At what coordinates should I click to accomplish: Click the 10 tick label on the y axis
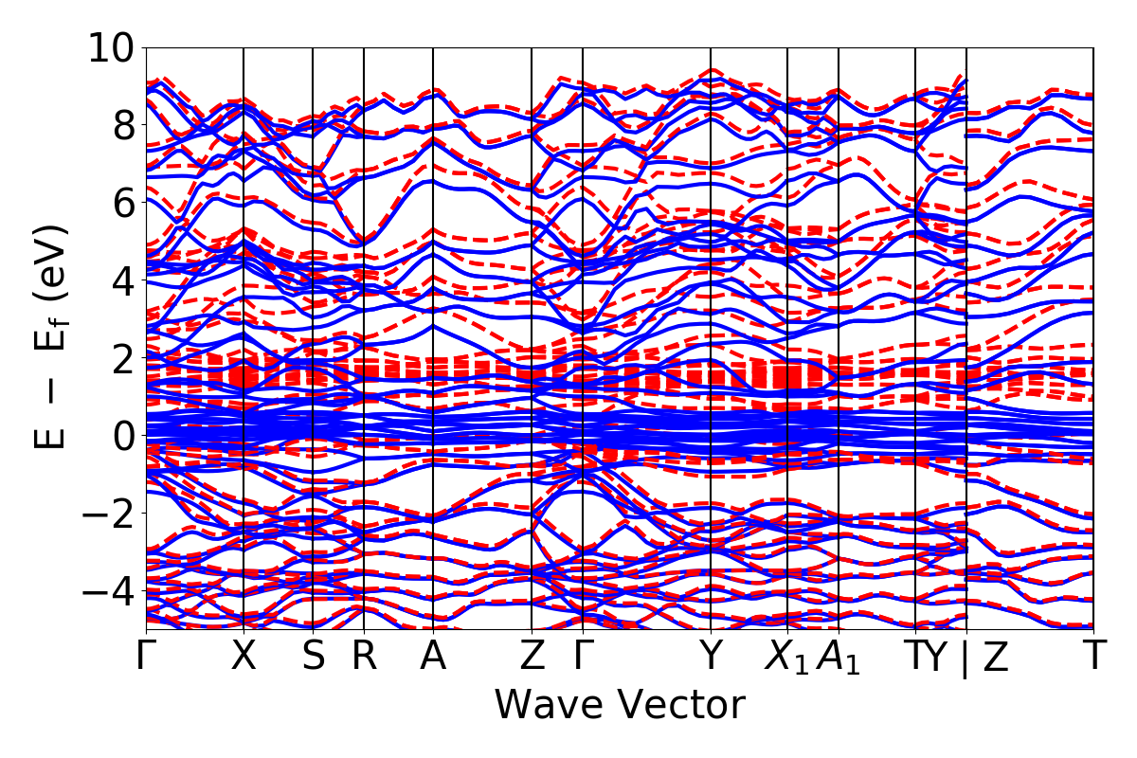112,47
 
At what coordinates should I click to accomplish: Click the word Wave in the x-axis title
549,705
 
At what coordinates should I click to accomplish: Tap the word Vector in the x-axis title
682,705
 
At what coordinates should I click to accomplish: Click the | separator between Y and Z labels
966,658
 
